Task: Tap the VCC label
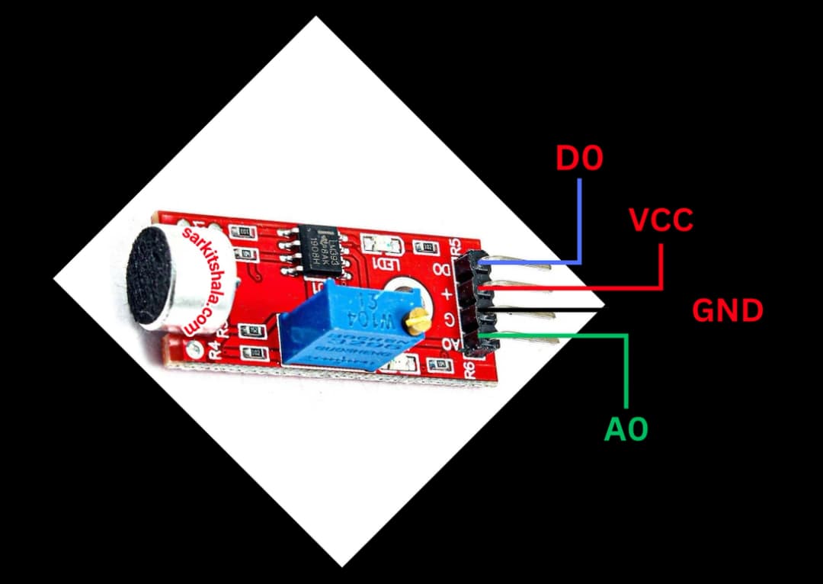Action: tap(661, 220)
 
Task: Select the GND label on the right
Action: tap(727, 310)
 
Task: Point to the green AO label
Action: tap(626, 429)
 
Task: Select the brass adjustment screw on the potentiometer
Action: tap(415, 323)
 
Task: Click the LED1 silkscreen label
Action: tap(381, 264)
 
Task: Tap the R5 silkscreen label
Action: tap(456, 245)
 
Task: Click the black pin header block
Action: tap(476, 303)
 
